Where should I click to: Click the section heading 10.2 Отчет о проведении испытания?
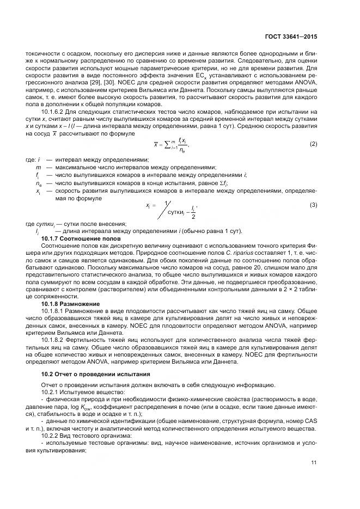tap(96, 375)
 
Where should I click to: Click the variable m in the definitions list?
tap(37, 167)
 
